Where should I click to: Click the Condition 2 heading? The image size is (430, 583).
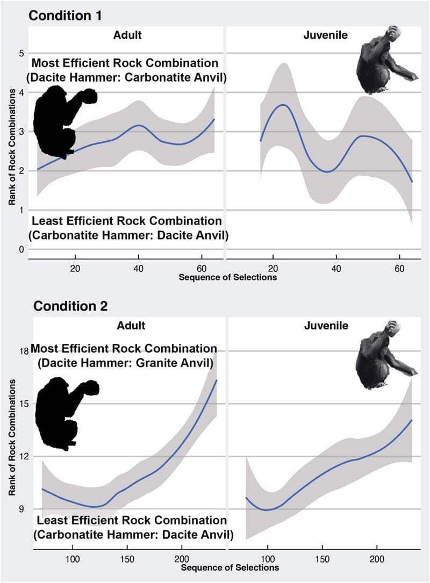70,306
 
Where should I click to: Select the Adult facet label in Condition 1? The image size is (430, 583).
127,35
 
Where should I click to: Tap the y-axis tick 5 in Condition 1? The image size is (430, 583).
21,53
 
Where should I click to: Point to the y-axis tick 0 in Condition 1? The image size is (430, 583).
21,249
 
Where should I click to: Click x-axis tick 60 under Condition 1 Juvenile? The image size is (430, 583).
399,268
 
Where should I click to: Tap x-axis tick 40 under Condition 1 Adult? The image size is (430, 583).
138,268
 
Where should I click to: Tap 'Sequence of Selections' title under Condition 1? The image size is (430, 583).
228,277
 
